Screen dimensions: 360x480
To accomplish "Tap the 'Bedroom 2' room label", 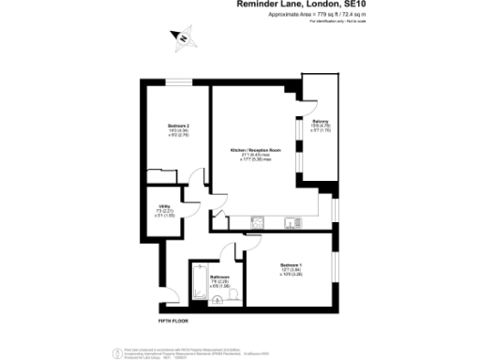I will coord(179,127).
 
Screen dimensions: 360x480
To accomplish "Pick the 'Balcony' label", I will coord(320,121).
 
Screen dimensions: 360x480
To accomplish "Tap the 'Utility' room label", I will coord(160,209).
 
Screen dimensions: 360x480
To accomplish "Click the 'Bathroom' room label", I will coord(220,277).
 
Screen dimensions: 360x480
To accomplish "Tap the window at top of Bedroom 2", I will coord(179,83).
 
